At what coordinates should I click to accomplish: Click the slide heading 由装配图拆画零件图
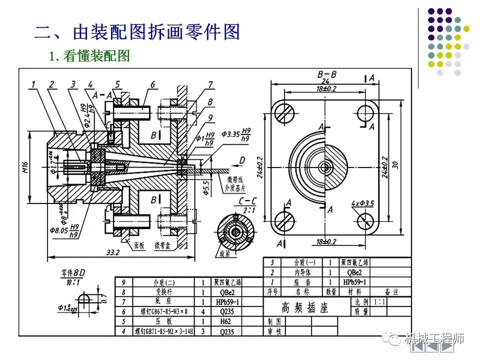137,31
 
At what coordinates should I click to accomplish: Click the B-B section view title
327,74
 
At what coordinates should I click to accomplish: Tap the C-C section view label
247,201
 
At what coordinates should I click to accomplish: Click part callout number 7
210,84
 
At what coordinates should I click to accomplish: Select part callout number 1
32,84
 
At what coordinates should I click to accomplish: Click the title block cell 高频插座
304,307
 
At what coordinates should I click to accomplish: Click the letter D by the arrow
242,159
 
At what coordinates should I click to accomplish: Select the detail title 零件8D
73,273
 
